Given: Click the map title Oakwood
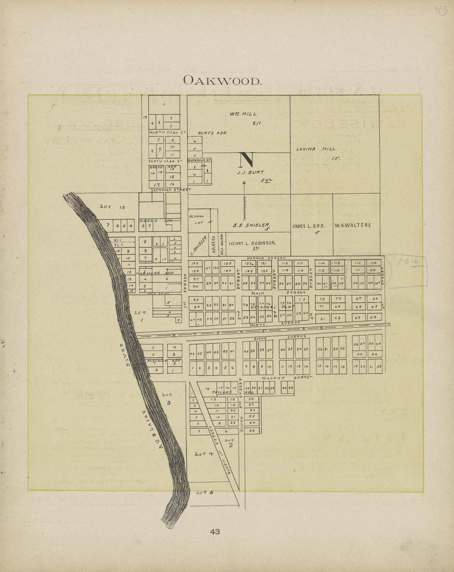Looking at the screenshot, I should tap(222, 80).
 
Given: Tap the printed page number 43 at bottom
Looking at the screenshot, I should tap(215, 532).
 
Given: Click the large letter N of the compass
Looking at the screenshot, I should tap(246, 160).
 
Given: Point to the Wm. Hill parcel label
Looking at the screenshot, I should tap(244, 114).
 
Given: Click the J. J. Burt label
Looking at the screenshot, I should tap(250, 172).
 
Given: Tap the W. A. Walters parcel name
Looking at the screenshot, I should tap(352, 225).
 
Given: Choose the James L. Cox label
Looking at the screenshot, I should tap(309, 226).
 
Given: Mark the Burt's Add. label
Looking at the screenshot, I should tap(213, 133).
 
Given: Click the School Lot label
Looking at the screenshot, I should tap(196, 219).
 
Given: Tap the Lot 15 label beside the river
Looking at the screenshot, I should tap(112, 207).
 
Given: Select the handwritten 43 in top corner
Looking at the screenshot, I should tap(441, 11).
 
